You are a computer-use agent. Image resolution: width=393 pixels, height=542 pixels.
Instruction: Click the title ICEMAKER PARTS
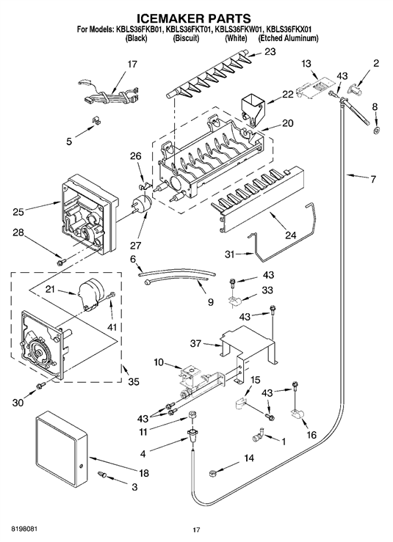tap(193, 18)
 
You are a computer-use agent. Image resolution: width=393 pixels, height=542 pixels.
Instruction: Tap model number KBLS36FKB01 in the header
tap(138, 30)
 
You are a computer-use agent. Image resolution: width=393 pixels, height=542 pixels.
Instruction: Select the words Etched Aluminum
tap(288, 38)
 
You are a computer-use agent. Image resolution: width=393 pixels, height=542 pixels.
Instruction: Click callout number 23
tap(270, 51)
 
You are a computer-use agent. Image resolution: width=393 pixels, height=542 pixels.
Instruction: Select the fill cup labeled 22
tap(252, 106)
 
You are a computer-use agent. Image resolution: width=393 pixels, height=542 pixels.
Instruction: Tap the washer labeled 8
tap(376, 131)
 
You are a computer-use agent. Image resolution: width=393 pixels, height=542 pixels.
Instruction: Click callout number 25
tap(18, 211)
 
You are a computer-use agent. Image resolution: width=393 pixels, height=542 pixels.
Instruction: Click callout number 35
tap(133, 381)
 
